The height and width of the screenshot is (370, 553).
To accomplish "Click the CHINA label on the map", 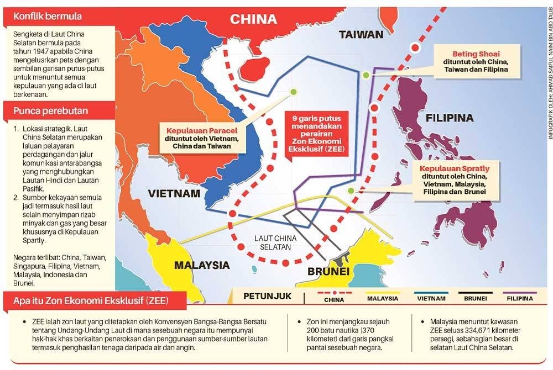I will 253,19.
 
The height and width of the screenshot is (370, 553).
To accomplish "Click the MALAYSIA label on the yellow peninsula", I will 202,265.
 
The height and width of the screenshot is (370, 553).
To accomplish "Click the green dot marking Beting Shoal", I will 366,75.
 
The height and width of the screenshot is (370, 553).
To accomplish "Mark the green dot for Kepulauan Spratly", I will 350,191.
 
